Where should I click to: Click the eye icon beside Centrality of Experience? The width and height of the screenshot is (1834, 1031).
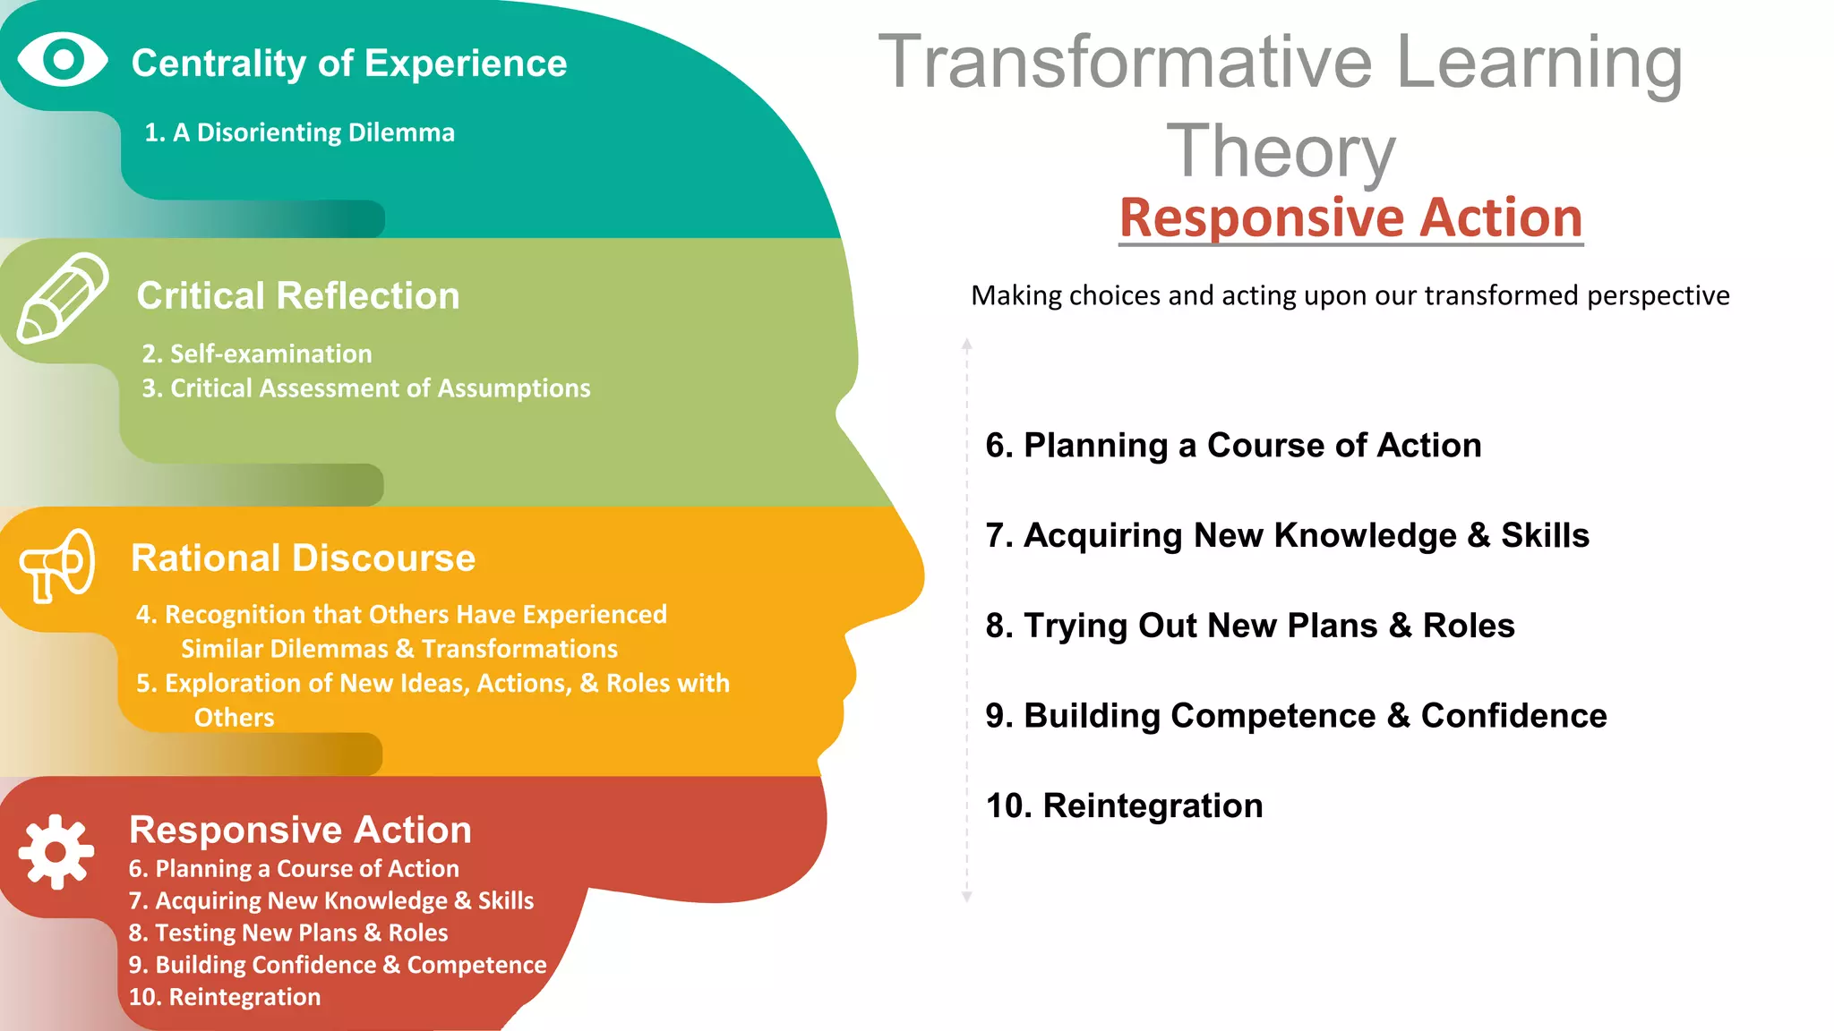63,60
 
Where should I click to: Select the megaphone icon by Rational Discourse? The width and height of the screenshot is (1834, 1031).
57,565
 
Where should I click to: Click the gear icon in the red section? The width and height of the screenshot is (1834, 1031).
56,851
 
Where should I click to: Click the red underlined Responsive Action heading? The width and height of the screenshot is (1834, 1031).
1350,217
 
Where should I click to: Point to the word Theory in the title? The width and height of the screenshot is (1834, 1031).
1281,151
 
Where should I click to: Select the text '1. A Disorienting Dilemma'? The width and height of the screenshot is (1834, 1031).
299,132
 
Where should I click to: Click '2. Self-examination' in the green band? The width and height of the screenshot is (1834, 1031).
257,354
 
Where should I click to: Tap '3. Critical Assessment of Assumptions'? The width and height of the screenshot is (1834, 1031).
366,388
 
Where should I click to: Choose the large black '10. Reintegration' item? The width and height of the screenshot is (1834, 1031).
1124,805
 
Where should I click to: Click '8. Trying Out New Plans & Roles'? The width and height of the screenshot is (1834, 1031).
1249,626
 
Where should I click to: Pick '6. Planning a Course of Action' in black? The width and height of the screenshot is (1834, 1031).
1233,445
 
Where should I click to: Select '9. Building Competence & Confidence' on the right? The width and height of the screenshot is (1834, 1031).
1296,715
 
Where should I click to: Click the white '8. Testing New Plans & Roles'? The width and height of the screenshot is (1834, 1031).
287,933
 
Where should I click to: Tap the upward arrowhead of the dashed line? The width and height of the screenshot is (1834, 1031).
966,345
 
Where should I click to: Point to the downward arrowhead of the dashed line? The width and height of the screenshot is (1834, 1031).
966,896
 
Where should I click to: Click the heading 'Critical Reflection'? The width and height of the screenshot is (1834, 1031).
298,295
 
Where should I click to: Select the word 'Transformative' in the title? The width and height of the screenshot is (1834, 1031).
1125,62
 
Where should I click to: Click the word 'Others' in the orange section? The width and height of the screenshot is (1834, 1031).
234,717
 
